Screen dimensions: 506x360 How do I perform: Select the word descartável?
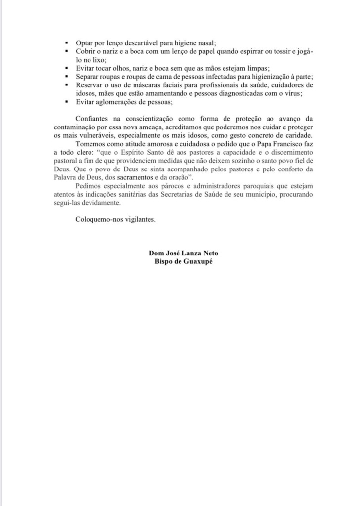click(145, 43)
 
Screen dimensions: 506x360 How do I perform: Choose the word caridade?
click(284, 135)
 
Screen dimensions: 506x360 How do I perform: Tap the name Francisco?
click(280, 143)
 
